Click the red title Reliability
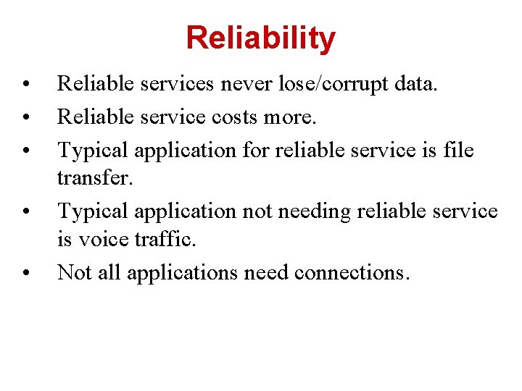(261, 38)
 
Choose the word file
(458, 150)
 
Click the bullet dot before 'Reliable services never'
(25, 85)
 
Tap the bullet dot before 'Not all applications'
(25, 273)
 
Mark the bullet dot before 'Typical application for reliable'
(25, 150)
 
